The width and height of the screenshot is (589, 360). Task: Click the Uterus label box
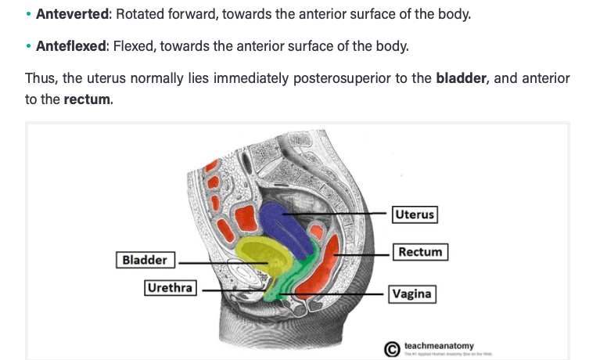pos(415,214)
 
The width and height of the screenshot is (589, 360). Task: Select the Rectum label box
pos(421,252)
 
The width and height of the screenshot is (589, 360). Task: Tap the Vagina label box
pos(412,295)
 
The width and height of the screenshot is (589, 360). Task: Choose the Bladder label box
pos(145,259)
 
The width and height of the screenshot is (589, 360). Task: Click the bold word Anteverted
pos(70,15)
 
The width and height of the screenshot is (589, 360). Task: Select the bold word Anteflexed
pos(70,46)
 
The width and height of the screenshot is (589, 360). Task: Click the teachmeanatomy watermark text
pos(439,345)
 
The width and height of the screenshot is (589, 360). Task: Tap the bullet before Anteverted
pos(28,16)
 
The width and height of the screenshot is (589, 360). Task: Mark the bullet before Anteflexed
pos(28,47)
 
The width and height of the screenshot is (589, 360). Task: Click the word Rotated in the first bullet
pos(137,15)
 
